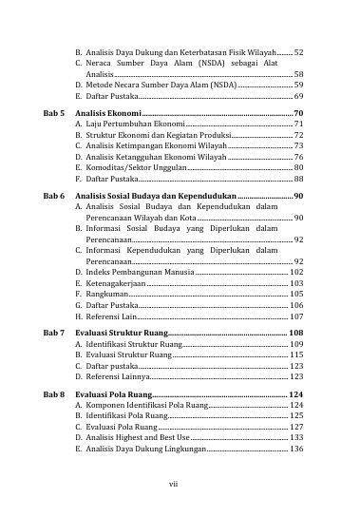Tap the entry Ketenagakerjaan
click(115, 283)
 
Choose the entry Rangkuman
click(105, 295)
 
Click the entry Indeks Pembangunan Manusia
click(140, 272)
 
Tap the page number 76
click(299, 156)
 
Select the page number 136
click(296, 449)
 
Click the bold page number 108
click(295, 334)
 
